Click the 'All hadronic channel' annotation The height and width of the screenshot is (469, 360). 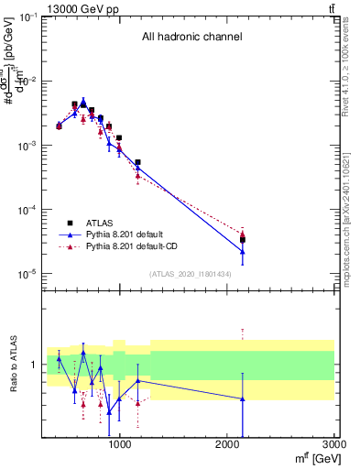191,38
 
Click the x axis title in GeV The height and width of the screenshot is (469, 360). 314,459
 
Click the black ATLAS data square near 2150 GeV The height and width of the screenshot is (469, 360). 243,240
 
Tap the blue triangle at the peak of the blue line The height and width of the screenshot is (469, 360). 83,102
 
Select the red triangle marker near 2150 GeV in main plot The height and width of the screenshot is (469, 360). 243,234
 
